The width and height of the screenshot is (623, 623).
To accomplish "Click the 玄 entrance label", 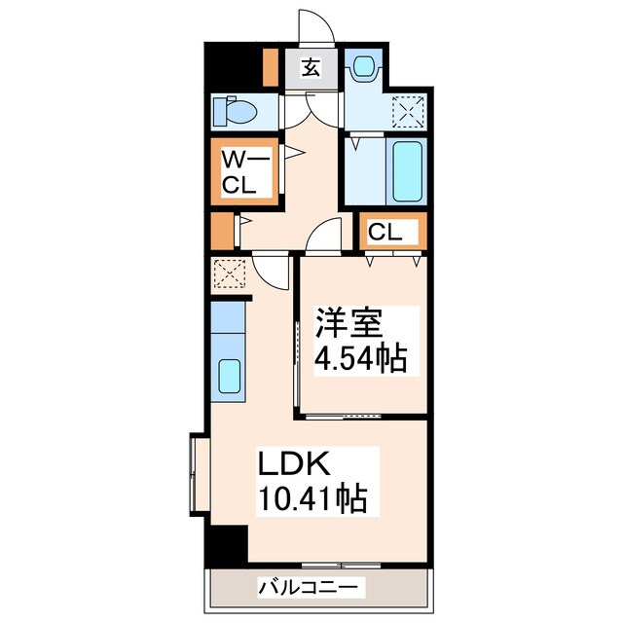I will coord(310,68).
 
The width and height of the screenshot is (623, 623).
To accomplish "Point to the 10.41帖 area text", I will coord(311,500).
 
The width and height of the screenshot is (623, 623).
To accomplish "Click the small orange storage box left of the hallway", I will coord(222,231).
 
